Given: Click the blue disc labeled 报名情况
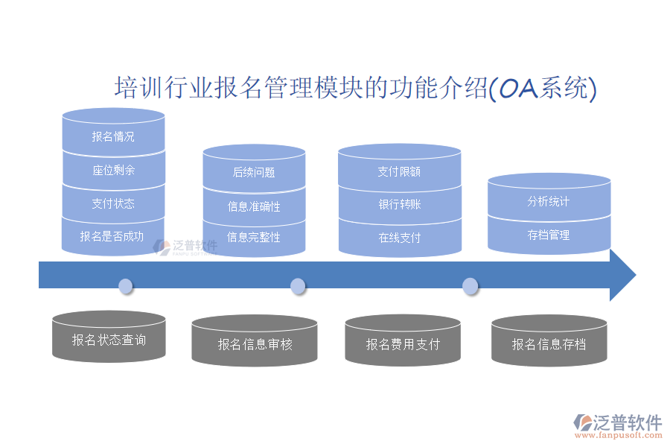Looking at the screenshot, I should [113, 136].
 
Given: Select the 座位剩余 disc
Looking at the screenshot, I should [113, 171].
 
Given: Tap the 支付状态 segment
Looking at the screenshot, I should [113, 203].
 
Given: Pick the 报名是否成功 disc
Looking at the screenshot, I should [113, 237].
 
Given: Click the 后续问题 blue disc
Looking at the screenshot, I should [254, 172].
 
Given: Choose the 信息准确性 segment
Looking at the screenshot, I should [254, 206].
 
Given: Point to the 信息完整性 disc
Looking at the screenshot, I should [254, 238].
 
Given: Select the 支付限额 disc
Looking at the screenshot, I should [400, 171].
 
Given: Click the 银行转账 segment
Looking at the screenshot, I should [400, 204].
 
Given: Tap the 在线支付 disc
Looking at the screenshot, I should [400, 238].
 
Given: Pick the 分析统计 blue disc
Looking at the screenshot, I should [549, 201].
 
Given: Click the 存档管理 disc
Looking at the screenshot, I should [549, 235].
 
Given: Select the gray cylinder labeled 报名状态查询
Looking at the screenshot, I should [109, 340].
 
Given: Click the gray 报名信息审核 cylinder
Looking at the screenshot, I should [255, 344].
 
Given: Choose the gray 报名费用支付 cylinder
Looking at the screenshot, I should [403, 344].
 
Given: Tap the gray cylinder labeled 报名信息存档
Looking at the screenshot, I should [549, 344].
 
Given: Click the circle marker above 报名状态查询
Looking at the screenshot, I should [126, 285].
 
